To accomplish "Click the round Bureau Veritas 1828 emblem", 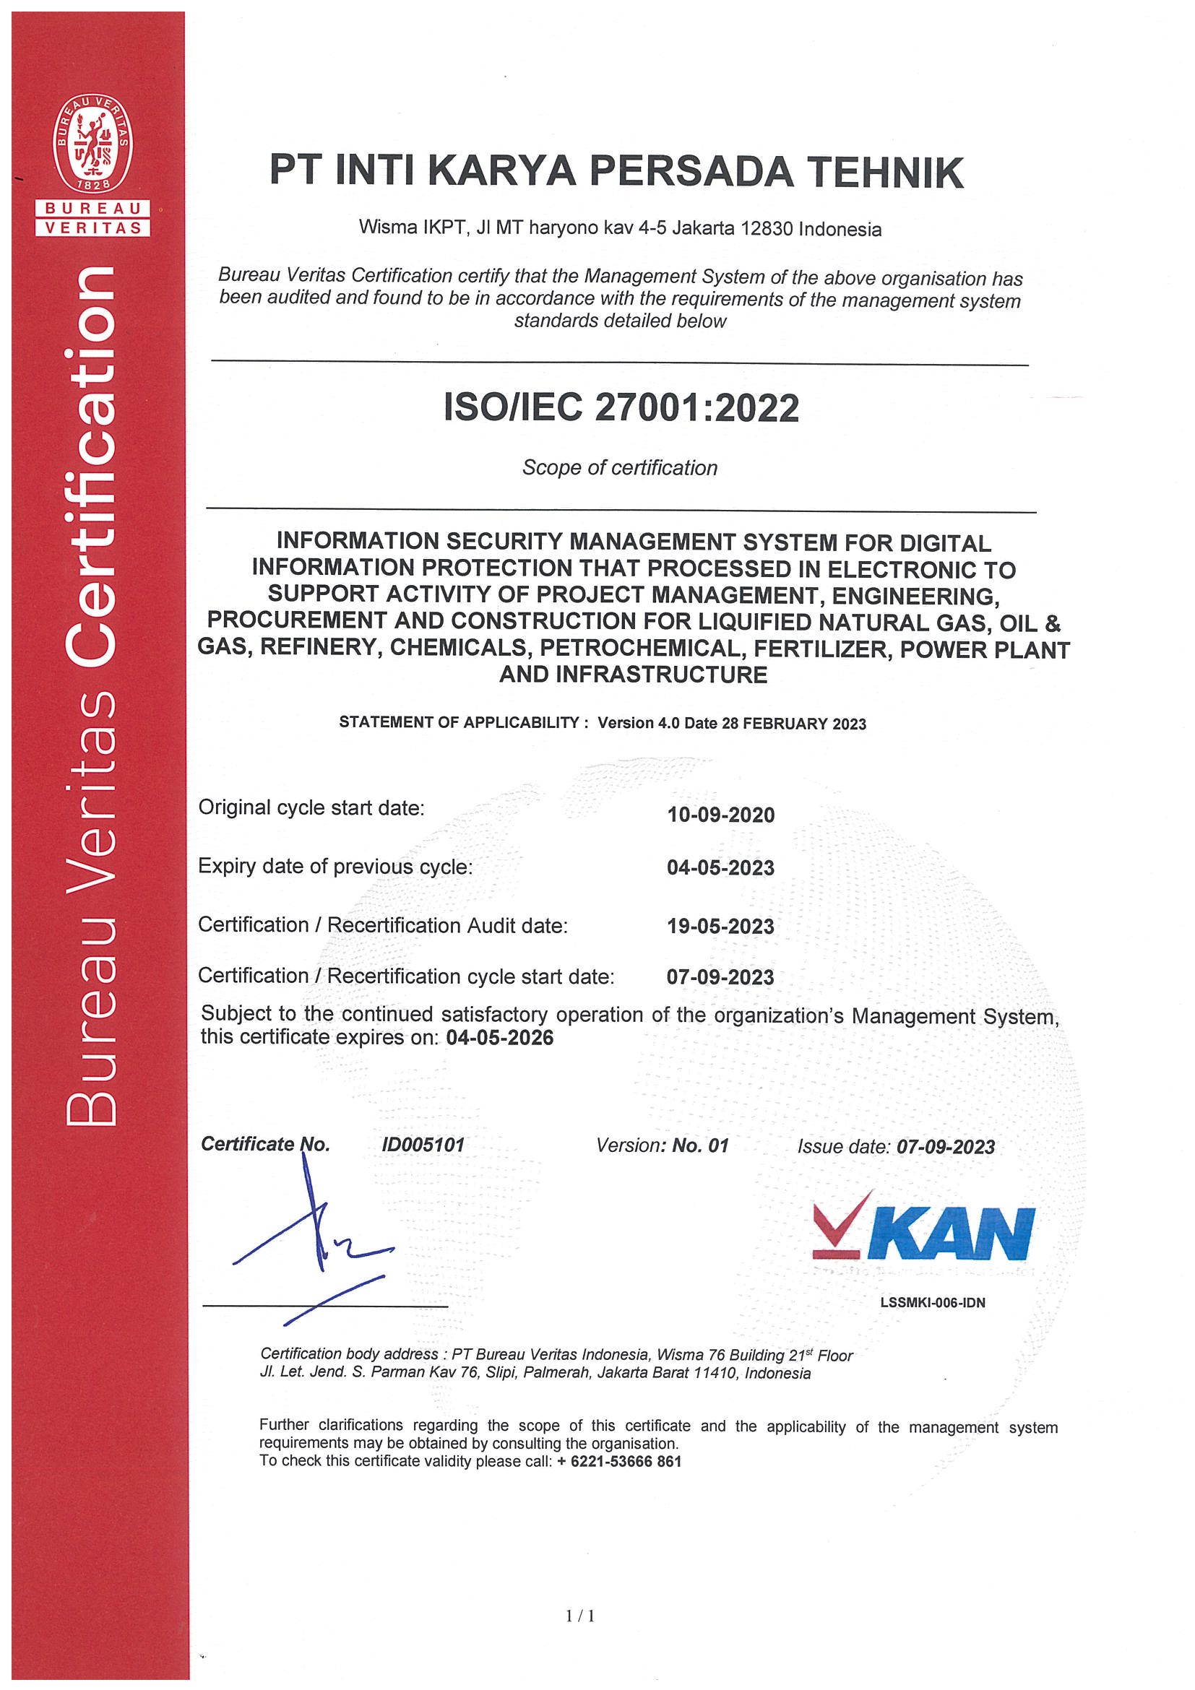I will [92, 144].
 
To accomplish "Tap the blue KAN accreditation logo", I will [924, 1232].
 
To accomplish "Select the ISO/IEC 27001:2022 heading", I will [621, 408].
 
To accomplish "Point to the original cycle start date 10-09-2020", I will [720, 815].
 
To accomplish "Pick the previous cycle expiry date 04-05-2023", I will [720, 868].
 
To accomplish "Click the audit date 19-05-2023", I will [720, 926].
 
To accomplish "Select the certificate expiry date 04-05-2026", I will [499, 1038].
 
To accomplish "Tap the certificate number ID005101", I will [423, 1145].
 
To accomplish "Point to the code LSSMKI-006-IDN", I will [932, 1302].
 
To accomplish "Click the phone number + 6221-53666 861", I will [618, 1461].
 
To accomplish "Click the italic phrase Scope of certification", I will [620, 467].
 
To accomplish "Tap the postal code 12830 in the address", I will [767, 228].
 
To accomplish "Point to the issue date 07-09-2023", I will [946, 1147].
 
